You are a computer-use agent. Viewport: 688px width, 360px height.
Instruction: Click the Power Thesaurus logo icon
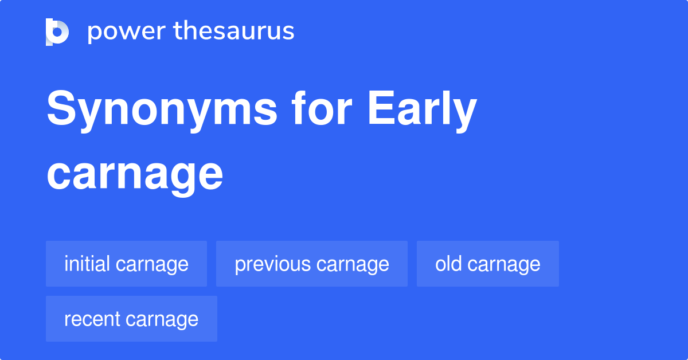pyautogui.click(x=57, y=32)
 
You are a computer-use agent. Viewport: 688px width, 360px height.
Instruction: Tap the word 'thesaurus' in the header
pyautogui.click(x=234, y=32)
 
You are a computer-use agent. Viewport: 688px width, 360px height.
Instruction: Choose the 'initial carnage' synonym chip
pyautogui.click(x=126, y=264)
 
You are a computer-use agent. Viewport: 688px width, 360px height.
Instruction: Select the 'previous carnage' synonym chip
pyautogui.click(x=311, y=264)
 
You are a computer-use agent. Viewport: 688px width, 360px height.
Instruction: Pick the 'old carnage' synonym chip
pyautogui.click(x=487, y=264)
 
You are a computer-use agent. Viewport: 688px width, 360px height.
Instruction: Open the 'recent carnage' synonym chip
pyautogui.click(x=131, y=319)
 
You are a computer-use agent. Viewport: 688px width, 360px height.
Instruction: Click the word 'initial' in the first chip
pyautogui.click(x=87, y=264)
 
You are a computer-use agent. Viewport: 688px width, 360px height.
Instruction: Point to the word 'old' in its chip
pyautogui.click(x=448, y=264)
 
